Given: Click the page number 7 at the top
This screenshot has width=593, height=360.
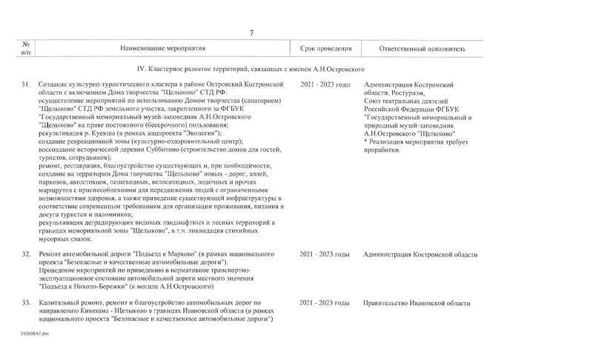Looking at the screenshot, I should click(252, 33).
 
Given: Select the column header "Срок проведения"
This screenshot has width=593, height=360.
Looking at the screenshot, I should click(325, 49).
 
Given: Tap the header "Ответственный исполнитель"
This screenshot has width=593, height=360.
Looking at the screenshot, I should click(422, 49).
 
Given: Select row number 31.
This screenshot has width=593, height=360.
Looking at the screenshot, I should click(26, 86).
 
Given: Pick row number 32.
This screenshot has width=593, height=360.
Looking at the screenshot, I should click(26, 256).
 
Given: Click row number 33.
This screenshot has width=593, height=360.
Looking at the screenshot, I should click(26, 304).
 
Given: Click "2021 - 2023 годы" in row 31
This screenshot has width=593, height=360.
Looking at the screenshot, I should click(325, 86).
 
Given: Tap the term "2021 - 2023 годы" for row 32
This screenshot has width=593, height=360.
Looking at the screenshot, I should click(325, 256).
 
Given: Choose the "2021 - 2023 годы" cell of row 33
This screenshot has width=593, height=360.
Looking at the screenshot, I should click(325, 304).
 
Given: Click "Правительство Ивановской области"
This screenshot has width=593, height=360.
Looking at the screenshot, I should click(417, 304).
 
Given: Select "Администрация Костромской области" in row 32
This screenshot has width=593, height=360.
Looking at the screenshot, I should click(420, 256).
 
